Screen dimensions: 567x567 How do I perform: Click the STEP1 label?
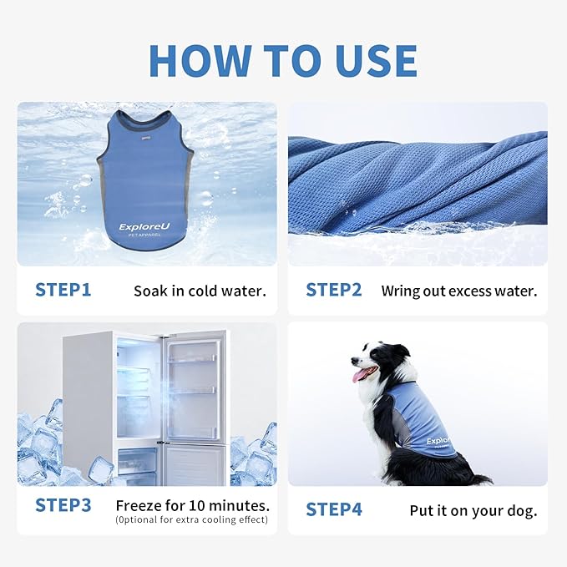(x=63, y=291)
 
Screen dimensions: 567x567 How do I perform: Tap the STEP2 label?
(x=333, y=291)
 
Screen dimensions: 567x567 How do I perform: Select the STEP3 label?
(x=63, y=505)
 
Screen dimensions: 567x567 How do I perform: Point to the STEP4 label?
(x=333, y=509)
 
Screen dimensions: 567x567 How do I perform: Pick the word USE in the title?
(x=368, y=60)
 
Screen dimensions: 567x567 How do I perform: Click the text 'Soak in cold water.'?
(x=200, y=291)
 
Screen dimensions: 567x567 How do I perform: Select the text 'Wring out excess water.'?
(x=458, y=291)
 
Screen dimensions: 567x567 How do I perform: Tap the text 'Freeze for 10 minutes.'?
(x=192, y=505)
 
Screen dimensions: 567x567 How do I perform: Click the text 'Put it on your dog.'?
(x=473, y=510)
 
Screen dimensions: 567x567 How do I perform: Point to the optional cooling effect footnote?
(x=192, y=520)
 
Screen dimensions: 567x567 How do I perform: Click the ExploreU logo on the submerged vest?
(x=146, y=227)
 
